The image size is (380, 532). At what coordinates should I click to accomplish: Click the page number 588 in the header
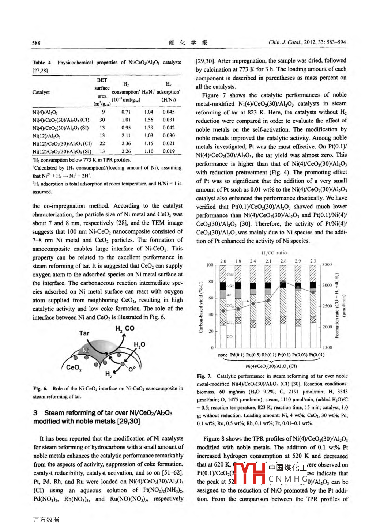click(36, 43)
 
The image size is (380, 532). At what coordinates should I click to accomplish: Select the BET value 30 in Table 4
click(102, 120)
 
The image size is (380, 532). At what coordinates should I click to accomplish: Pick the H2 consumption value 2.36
click(126, 144)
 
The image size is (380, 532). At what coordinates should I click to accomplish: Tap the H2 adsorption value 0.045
click(169, 112)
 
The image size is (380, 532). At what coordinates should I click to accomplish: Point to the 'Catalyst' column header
click(41, 92)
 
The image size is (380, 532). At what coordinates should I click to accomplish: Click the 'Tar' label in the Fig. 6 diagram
click(84, 333)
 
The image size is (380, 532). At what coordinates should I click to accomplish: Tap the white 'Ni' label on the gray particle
click(86, 350)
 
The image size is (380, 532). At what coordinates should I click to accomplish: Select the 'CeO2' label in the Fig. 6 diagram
click(74, 367)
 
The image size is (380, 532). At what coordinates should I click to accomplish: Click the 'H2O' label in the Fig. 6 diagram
click(139, 344)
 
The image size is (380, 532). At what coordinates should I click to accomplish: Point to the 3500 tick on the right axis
click(327, 264)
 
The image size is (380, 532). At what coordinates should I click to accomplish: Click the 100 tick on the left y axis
click(210, 265)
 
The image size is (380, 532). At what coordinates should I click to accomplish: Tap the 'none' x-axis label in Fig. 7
click(222, 355)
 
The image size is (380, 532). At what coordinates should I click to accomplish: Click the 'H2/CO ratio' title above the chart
click(274, 253)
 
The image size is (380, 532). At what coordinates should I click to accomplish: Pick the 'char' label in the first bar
click(230, 274)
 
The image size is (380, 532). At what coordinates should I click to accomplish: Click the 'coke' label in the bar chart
click(230, 286)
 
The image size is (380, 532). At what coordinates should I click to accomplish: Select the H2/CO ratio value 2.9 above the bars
click(298, 261)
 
